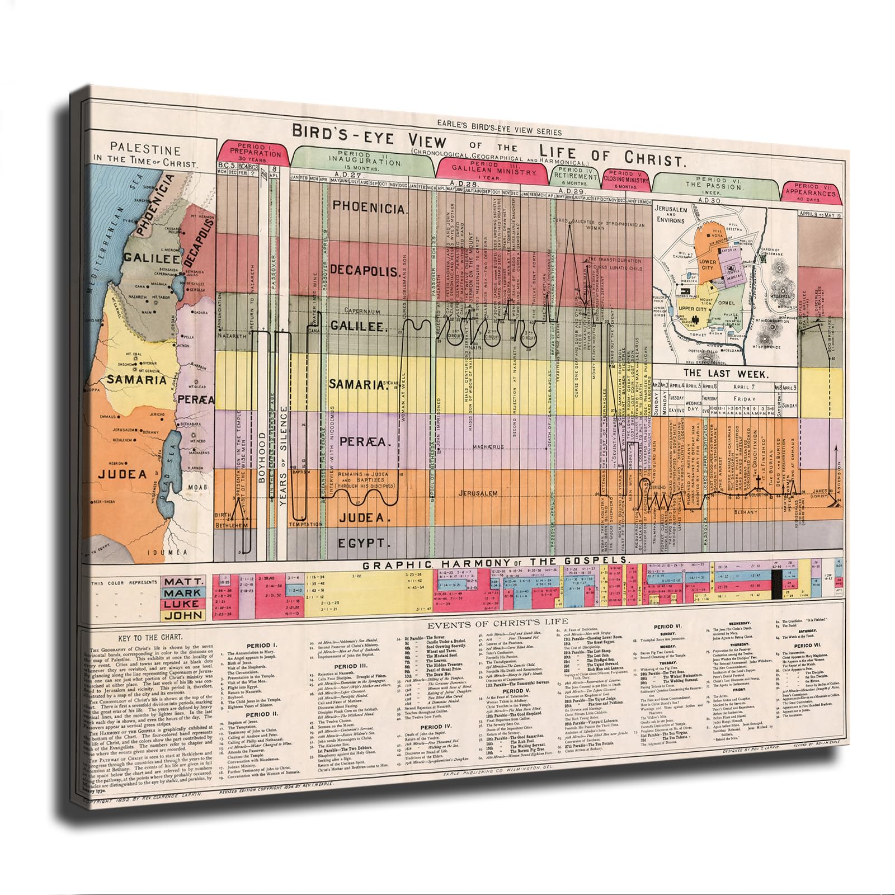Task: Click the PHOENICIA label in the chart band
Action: click(369, 206)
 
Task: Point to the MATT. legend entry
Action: click(183, 582)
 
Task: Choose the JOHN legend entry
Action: click(183, 615)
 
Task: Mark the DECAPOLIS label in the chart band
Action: click(365, 271)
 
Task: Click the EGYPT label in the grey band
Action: click(363, 543)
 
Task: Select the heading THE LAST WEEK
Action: click(726, 374)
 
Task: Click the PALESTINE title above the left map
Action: click(144, 150)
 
